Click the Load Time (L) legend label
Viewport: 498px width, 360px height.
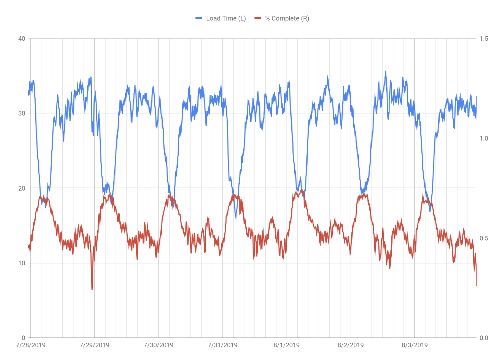[226, 18]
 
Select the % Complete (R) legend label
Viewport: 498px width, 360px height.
[287, 18]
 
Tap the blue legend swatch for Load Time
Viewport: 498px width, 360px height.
[199, 18]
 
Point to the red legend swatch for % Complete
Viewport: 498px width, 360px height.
[258, 18]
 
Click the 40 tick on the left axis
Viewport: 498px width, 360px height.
[22, 39]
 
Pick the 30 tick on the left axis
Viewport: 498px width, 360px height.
[22, 113]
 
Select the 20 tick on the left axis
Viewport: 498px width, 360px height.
[22, 188]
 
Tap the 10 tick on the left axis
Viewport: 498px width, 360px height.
[22, 263]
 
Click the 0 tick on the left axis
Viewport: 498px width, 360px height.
[23, 338]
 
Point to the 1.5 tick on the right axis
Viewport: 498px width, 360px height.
[484, 39]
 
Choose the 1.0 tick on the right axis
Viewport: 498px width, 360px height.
[484, 138]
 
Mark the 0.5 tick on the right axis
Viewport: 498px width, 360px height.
[484, 238]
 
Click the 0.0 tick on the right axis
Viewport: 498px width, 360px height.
[484, 338]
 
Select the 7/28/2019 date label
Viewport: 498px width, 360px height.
[31, 345]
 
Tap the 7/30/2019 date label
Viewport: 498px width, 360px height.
[159, 345]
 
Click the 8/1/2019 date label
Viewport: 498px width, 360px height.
[287, 345]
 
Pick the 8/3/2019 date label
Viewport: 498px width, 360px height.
[415, 345]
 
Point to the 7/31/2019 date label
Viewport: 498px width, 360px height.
[223, 345]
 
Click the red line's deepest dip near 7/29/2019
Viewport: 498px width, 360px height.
[92, 289]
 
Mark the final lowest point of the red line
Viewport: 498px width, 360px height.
[476, 285]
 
